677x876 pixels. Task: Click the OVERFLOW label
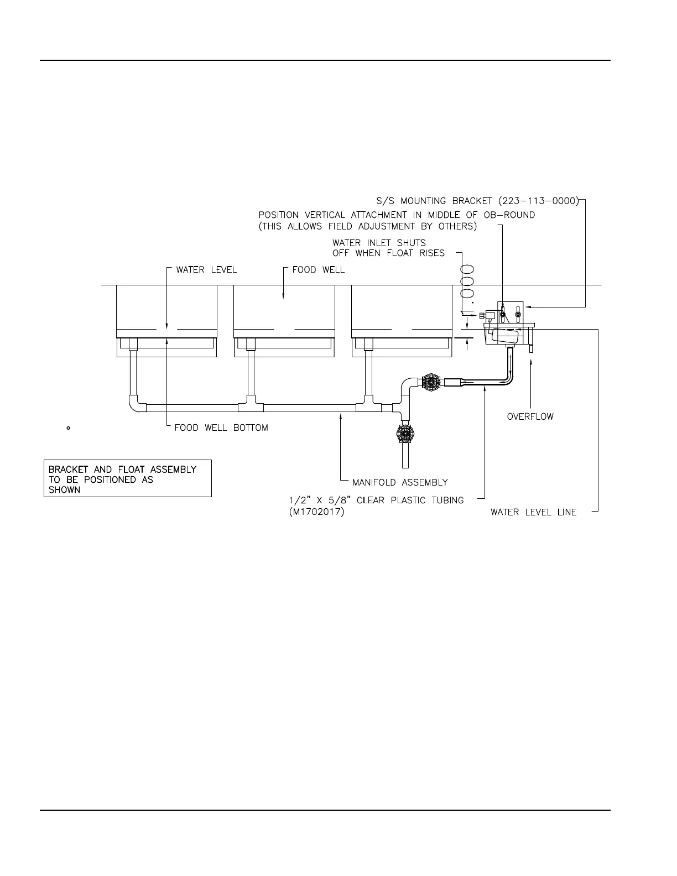point(530,416)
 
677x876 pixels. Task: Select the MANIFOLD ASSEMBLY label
point(400,482)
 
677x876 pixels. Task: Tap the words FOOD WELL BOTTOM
point(221,427)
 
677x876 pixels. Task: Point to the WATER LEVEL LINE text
point(533,512)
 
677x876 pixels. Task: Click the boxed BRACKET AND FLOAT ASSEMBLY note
point(128,479)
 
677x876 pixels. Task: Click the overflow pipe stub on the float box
point(530,348)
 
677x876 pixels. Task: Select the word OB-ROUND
point(512,215)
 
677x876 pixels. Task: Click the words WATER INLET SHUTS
point(379,242)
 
